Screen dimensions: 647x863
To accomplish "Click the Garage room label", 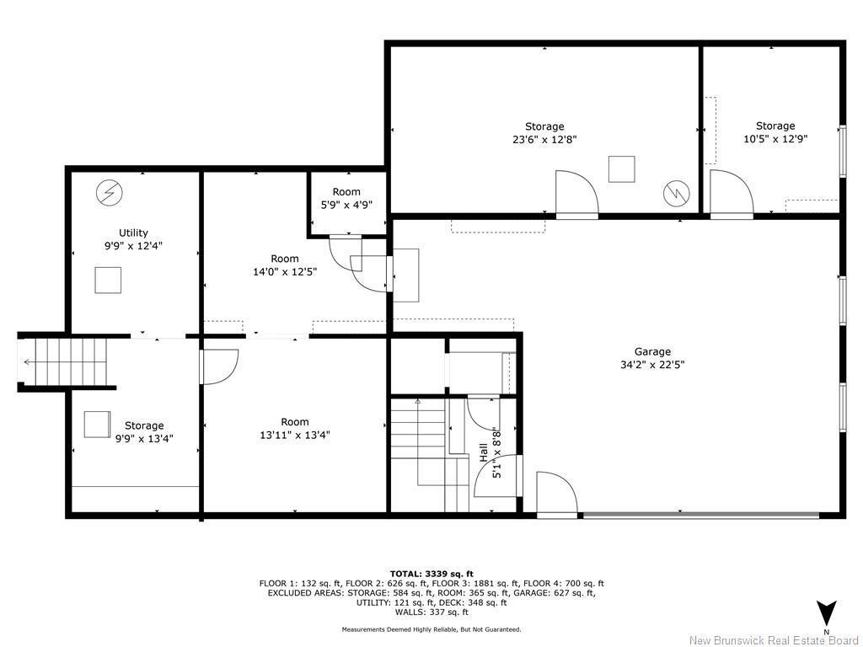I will click(652, 351).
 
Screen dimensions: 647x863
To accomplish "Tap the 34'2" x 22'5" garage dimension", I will click(652, 365).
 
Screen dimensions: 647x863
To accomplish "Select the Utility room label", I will click(133, 233).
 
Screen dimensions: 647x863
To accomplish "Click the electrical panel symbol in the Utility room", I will click(108, 193).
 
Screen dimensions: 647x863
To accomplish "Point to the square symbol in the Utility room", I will click(108, 280).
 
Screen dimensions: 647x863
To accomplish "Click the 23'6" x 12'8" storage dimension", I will click(544, 140).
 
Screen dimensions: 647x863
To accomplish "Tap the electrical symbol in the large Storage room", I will click(676, 193).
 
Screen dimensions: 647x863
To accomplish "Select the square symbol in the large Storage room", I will click(622, 168).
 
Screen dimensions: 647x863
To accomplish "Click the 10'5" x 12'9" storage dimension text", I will click(775, 140).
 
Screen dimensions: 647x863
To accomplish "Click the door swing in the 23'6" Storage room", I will click(576, 194).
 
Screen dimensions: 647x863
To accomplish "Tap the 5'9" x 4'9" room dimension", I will click(346, 205).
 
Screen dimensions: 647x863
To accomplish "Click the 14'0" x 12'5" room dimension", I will click(284, 271).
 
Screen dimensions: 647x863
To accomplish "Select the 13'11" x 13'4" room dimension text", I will click(294, 435).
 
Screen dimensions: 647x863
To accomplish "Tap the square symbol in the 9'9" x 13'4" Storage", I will click(96, 424).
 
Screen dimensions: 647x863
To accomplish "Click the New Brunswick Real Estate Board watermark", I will click(774, 639).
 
